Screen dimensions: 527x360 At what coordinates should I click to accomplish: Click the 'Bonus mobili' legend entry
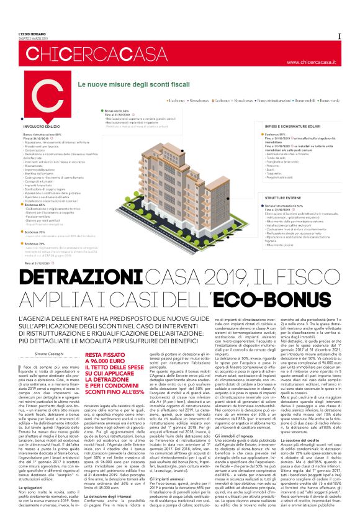click(302, 99)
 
